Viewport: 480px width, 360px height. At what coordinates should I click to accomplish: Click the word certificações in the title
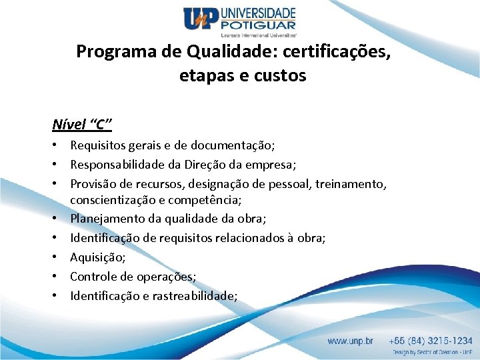pyautogui.click(x=339, y=51)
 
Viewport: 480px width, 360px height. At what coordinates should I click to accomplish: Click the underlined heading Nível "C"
pyautogui.click(x=82, y=124)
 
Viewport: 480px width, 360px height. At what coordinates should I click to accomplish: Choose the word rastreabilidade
pyautogui.click(x=198, y=295)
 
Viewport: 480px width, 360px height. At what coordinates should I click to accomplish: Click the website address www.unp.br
pyautogui.click(x=351, y=341)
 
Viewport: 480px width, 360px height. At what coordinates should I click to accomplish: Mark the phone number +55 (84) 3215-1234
pyautogui.click(x=432, y=341)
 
